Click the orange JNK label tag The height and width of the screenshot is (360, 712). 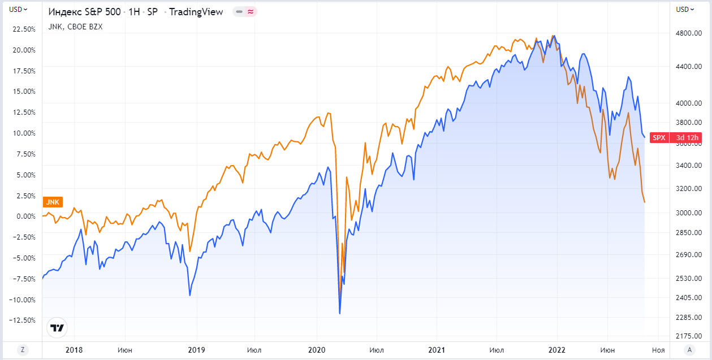coord(53,202)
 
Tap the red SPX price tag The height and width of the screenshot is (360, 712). coord(659,137)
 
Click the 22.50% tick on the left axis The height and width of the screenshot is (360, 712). coord(24,29)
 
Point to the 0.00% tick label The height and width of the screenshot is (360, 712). coord(25,216)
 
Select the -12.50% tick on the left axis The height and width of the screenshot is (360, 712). coord(23,320)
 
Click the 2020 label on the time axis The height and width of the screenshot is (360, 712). coord(316,350)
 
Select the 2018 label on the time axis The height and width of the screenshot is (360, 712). coord(74,350)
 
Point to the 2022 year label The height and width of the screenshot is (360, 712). coord(558,350)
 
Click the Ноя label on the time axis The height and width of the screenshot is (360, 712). coord(658,350)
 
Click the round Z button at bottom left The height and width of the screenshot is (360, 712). coord(23,349)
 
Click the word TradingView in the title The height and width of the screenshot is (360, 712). coord(196,12)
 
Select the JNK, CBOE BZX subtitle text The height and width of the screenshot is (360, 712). coord(76,26)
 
